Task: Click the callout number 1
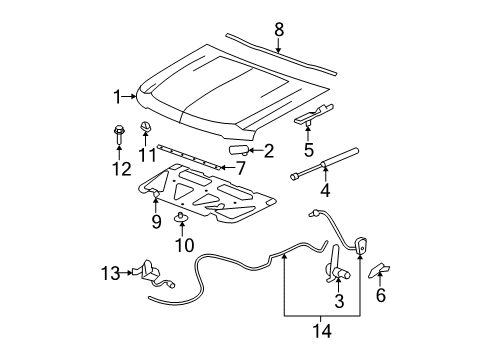coord(118,96)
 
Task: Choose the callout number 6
coord(380,297)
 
